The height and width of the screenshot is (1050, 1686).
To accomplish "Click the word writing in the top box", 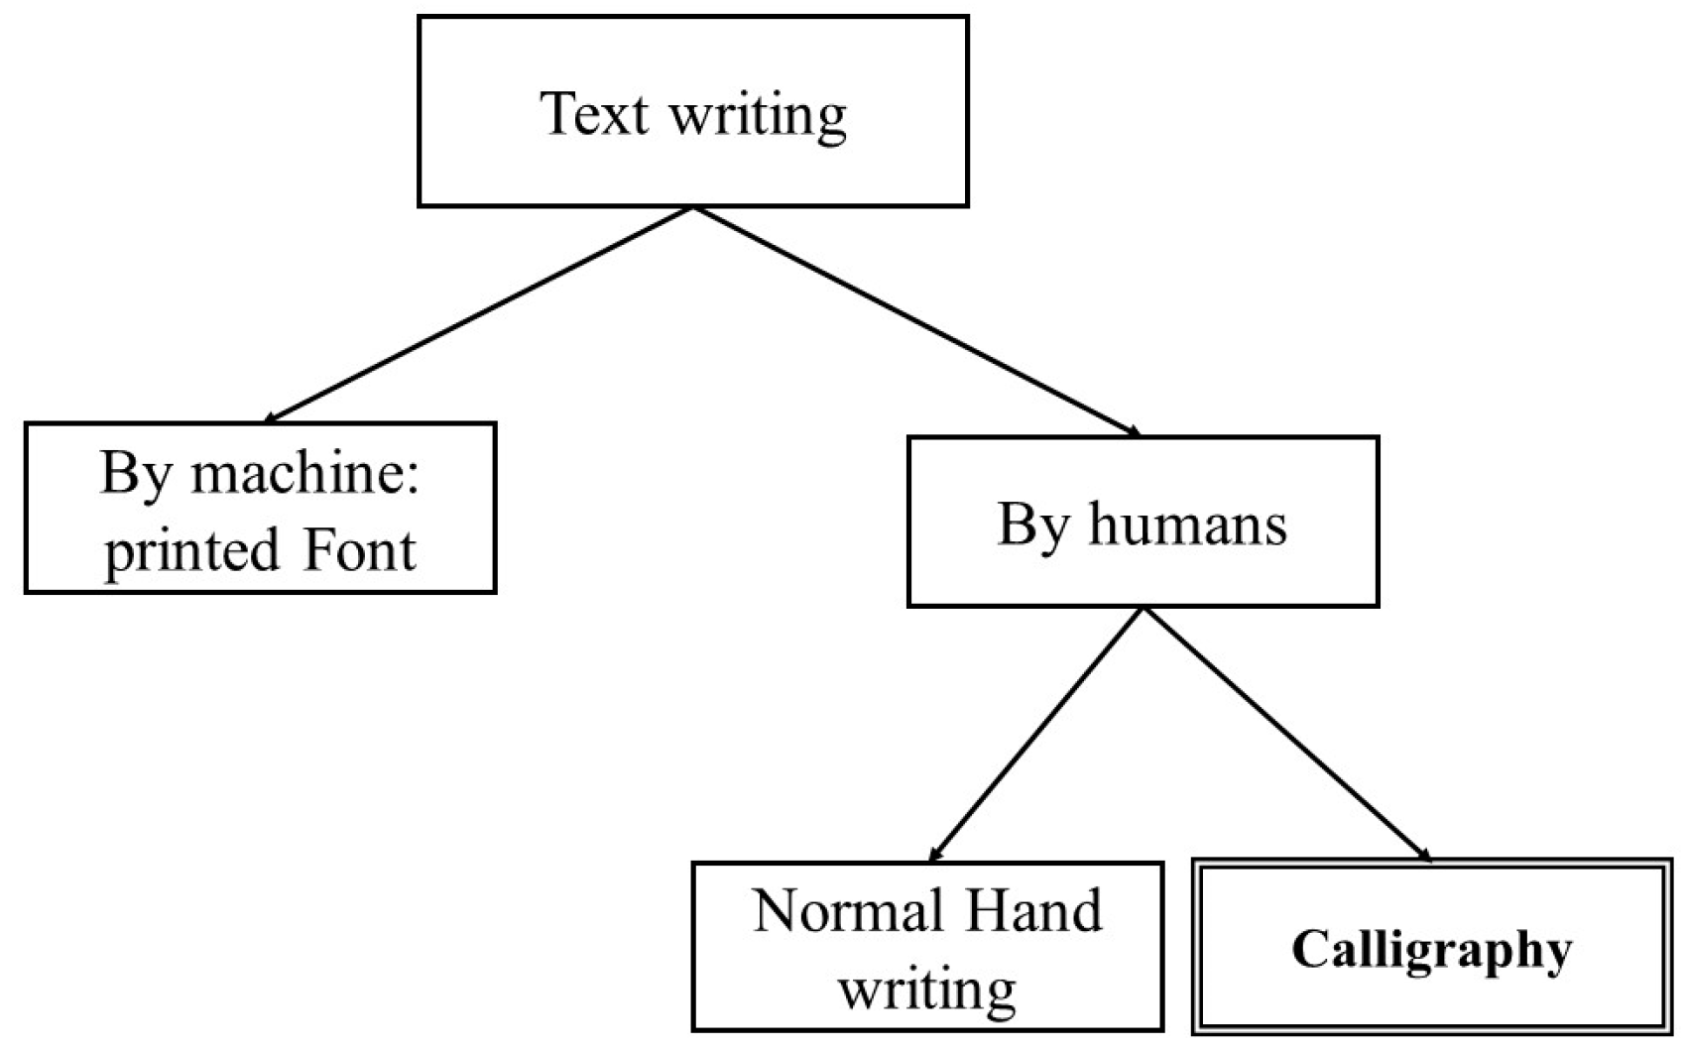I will click(759, 116).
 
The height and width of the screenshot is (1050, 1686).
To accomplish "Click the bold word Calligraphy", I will click(1431, 950).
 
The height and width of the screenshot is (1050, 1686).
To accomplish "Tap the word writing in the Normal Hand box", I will click(927, 988).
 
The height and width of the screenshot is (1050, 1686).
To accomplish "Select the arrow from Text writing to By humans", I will click(917, 321).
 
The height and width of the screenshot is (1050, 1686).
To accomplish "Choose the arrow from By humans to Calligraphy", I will click(1287, 734).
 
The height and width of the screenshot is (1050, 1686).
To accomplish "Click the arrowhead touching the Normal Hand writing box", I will click(934, 854).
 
